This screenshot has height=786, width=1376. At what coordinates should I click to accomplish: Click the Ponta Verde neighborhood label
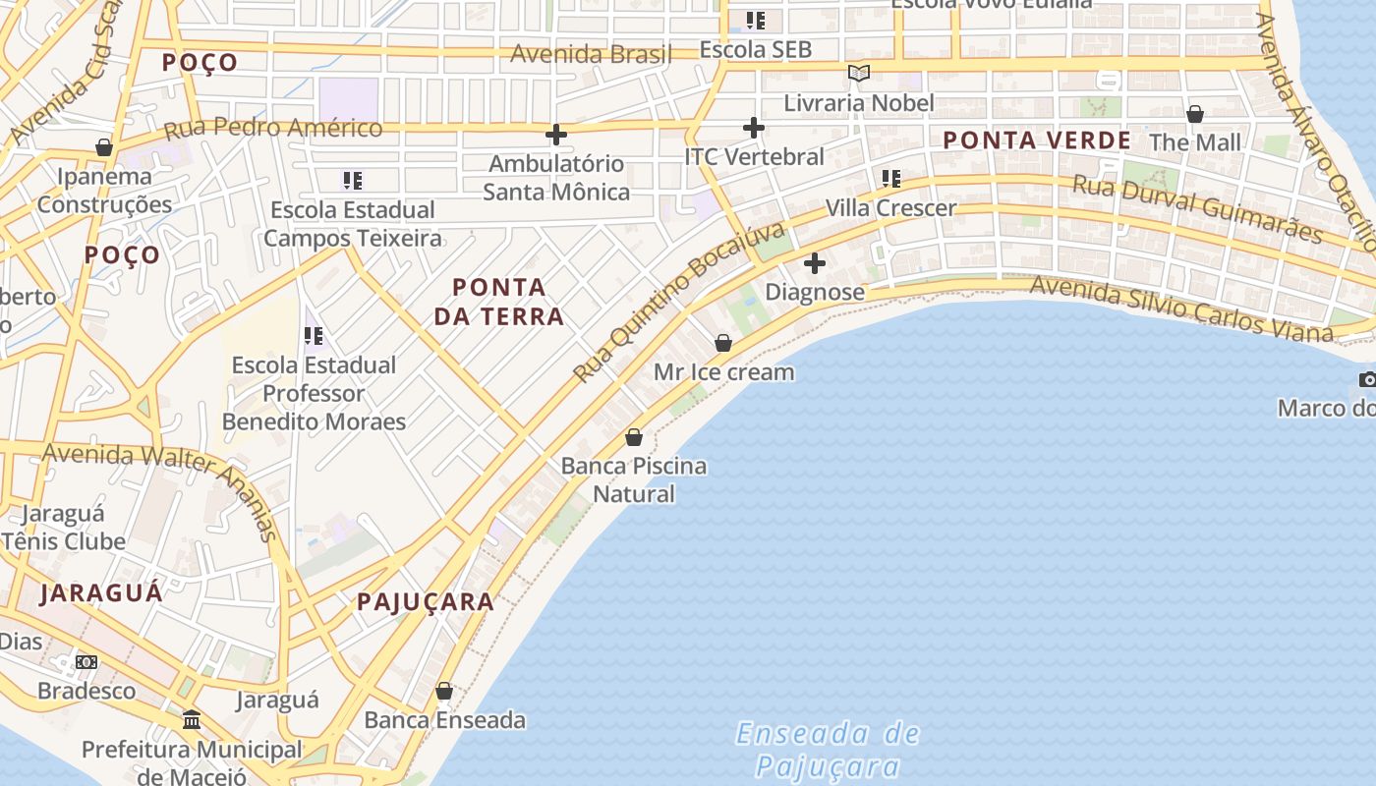click(1037, 140)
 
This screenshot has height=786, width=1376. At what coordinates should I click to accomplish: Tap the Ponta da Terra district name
click(507, 302)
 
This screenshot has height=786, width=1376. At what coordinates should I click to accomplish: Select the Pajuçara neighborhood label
click(426, 602)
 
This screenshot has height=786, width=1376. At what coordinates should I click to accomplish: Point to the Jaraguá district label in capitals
click(101, 593)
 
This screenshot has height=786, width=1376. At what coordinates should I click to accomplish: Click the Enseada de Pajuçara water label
click(828, 750)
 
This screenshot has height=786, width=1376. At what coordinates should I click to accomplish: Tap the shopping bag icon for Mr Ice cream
click(723, 343)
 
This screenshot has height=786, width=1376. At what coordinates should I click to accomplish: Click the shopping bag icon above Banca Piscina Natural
click(634, 437)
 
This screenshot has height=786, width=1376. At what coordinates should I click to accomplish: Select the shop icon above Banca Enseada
click(444, 691)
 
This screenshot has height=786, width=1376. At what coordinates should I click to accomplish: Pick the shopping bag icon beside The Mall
click(1195, 115)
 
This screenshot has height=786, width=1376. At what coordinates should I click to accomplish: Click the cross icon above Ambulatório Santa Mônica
click(556, 135)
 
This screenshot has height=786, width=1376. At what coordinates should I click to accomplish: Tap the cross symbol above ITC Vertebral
click(754, 128)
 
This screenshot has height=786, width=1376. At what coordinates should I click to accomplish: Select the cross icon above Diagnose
click(815, 263)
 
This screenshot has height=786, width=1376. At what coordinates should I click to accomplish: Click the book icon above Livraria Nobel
click(859, 74)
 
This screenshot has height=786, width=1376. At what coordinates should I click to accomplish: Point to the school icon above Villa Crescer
click(891, 179)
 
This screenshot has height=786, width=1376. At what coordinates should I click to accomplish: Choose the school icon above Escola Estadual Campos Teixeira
click(353, 180)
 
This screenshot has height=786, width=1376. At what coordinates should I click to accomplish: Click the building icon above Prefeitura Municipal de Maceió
click(192, 720)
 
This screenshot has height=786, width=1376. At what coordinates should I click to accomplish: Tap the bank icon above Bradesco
click(86, 662)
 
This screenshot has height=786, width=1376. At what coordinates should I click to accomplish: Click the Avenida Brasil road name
click(591, 54)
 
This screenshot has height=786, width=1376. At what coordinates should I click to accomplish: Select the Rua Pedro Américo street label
click(273, 129)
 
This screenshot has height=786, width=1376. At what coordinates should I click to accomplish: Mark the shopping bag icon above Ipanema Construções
click(104, 148)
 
